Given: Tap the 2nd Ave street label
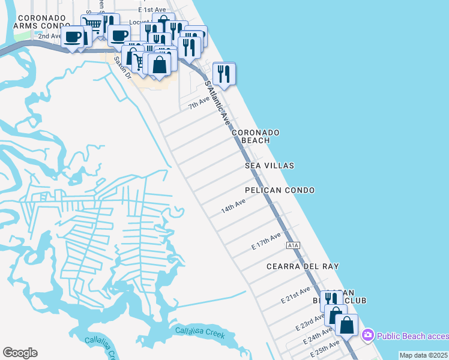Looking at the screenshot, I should (50, 36).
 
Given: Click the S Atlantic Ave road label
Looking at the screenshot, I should (218, 103).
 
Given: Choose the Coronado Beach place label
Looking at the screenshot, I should (256, 136).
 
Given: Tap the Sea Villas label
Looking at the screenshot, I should (270, 165).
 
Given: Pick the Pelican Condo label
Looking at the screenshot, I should (280, 190).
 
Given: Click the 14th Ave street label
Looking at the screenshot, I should (234, 207).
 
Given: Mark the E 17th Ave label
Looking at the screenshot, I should (266, 242).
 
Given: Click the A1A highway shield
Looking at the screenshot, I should (292, 245).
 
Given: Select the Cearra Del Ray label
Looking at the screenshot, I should (303, 266).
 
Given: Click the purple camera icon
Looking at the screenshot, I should (368, 334).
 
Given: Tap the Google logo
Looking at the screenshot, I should (20, 353).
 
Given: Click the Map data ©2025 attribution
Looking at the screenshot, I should (423, 355).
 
